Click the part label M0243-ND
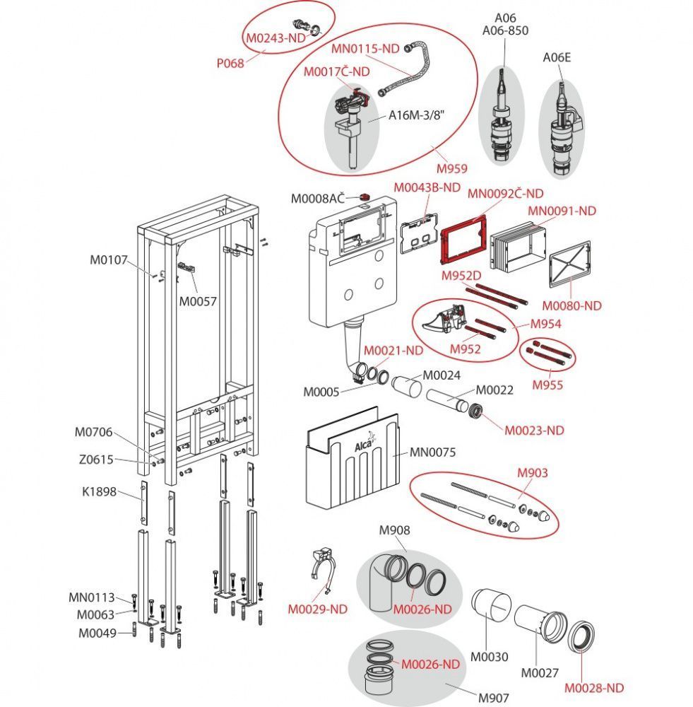pyautogui.click(x=274, y=37)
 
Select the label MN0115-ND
pyautogui.click(x=365, y=48)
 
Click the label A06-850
pyautogui.click(x=504, y=30)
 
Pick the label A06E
pyautogui.click(x=556, y=58)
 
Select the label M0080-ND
pyautogui.click(x=571, y=305)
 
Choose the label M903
pyautogui.click(x=532, y=472)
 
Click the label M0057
pyautogui.click(x=197, y=301)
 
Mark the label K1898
pyautogui.click(x=97, y=493)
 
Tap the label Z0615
pyautogui.click(x=96, y=459)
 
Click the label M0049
pyautogui.click(x=97, y=633)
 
